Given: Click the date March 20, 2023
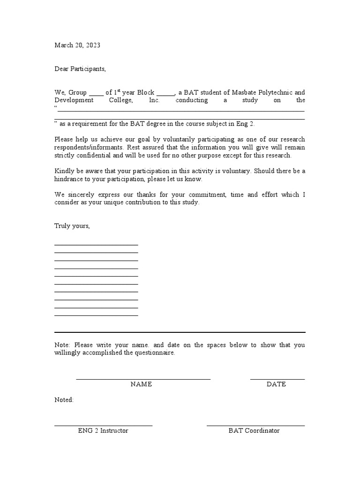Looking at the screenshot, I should [77, 45].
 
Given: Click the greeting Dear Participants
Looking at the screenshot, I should [80, 69].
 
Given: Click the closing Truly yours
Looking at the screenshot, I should [72, 226].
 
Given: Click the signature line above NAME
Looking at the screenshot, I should [143, 379].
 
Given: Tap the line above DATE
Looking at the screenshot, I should [277, 379].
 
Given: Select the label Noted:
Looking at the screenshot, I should [64, 400].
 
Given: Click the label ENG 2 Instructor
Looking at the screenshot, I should [103, 430].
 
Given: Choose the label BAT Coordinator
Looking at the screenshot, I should [254, 430].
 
